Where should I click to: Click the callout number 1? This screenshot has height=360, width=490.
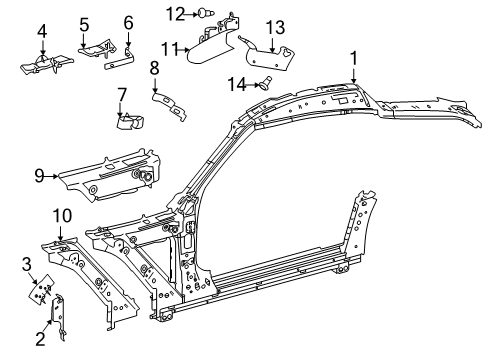point(353,58)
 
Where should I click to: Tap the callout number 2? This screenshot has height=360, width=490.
point(40,339)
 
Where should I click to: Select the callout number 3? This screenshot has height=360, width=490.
point(27,264)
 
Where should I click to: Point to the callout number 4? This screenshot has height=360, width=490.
point(42,31)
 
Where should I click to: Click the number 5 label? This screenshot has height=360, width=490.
point(84,24)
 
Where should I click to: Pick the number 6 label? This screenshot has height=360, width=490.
point(128,23)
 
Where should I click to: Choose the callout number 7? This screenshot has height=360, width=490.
point(122,94)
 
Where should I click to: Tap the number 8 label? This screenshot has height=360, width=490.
point(154,68)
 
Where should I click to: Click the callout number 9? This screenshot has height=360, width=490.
point(39,176)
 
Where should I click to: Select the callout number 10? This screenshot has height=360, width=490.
point(62,216)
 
